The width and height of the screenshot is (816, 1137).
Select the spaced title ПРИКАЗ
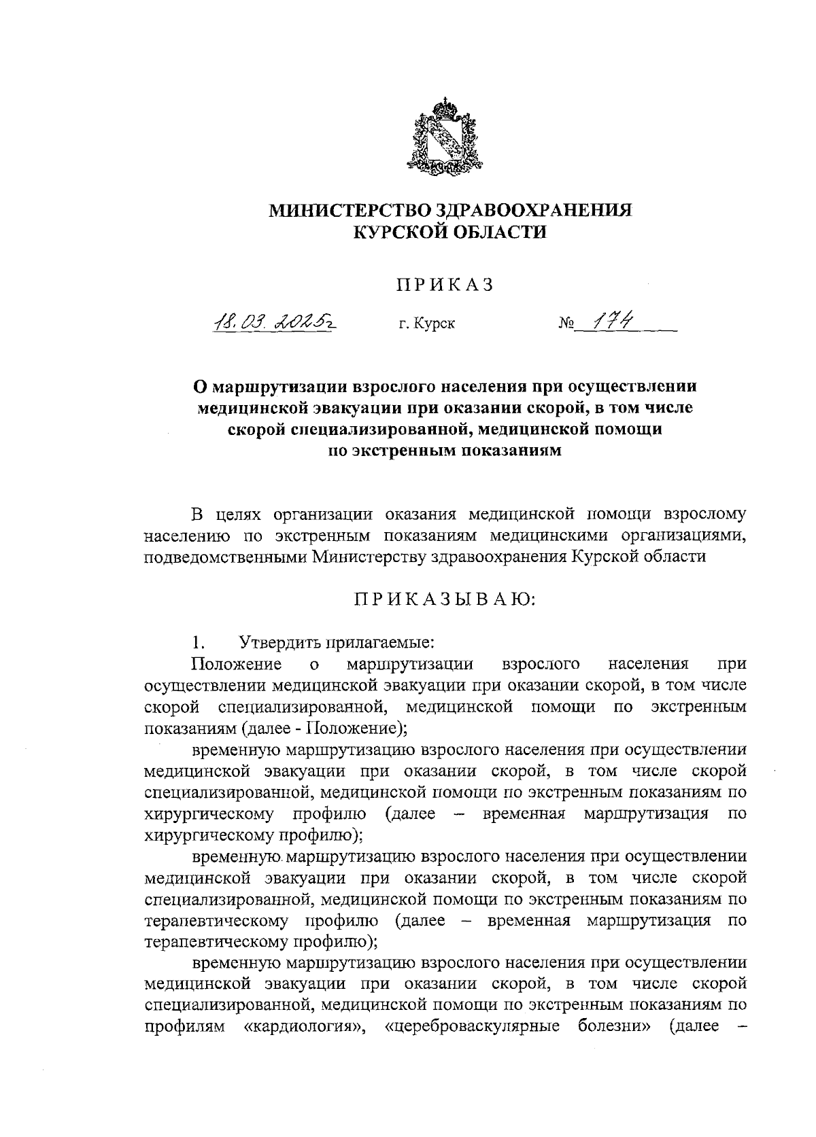(445, 285)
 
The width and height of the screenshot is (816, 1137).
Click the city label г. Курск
(427, 323)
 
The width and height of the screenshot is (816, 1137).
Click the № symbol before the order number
(567, 324)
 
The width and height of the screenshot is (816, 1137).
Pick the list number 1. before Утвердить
(198, 642)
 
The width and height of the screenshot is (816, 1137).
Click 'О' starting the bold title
(200, 387)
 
